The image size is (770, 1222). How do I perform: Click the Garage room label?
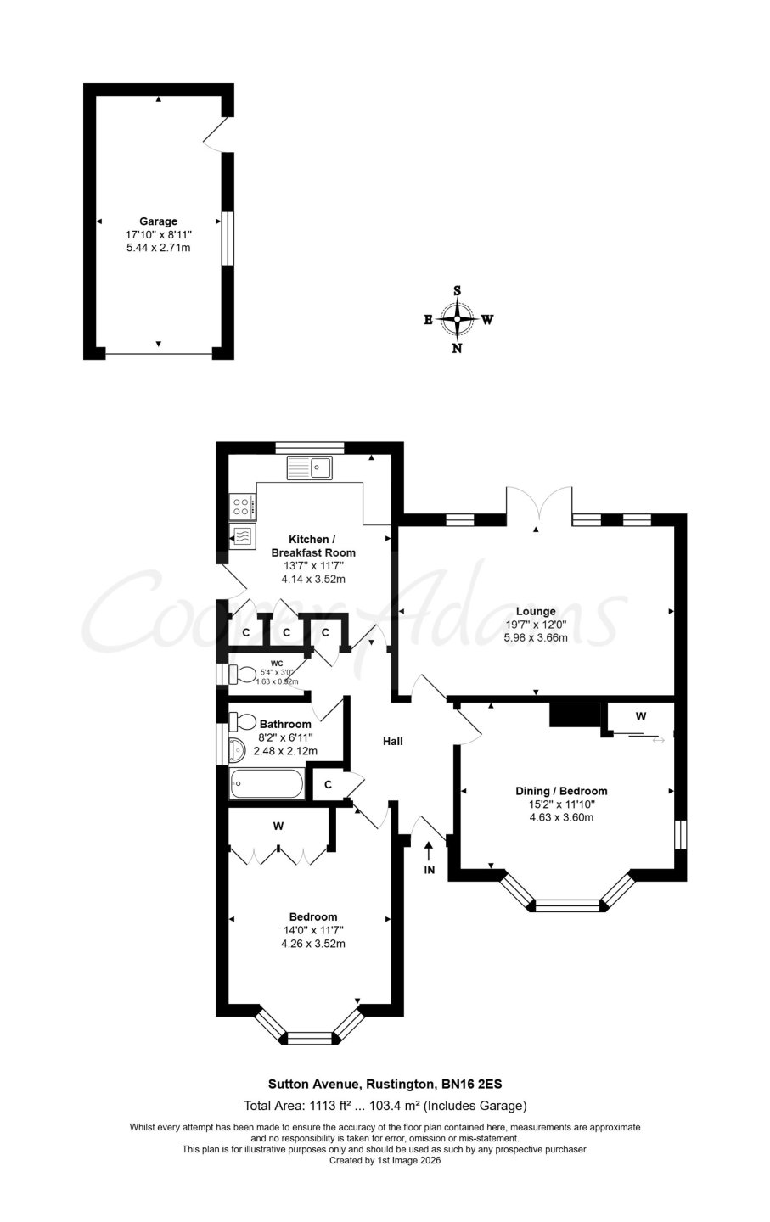(158, 221)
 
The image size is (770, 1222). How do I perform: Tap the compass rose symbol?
(457, 319)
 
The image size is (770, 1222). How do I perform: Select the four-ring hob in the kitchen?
(242, 506)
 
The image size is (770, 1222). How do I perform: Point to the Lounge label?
(536, 611)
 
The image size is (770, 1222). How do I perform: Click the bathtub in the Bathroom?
(266, 784)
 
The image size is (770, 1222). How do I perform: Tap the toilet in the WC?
(243, 675)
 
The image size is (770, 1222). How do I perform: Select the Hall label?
(393, 741)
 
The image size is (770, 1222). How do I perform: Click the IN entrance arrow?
(429, 858)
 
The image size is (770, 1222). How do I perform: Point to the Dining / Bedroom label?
(561, 791)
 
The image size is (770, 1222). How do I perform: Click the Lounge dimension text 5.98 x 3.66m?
(536, 637)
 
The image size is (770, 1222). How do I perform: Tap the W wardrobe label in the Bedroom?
(278, 827)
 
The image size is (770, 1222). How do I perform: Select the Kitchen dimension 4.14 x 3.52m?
(313, 579)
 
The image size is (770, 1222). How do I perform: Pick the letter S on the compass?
(458, 290)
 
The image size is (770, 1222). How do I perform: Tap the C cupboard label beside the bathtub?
(328, 784)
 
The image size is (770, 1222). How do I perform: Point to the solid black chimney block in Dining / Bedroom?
(575, 715)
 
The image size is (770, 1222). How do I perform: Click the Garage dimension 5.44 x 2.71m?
(158, 248)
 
